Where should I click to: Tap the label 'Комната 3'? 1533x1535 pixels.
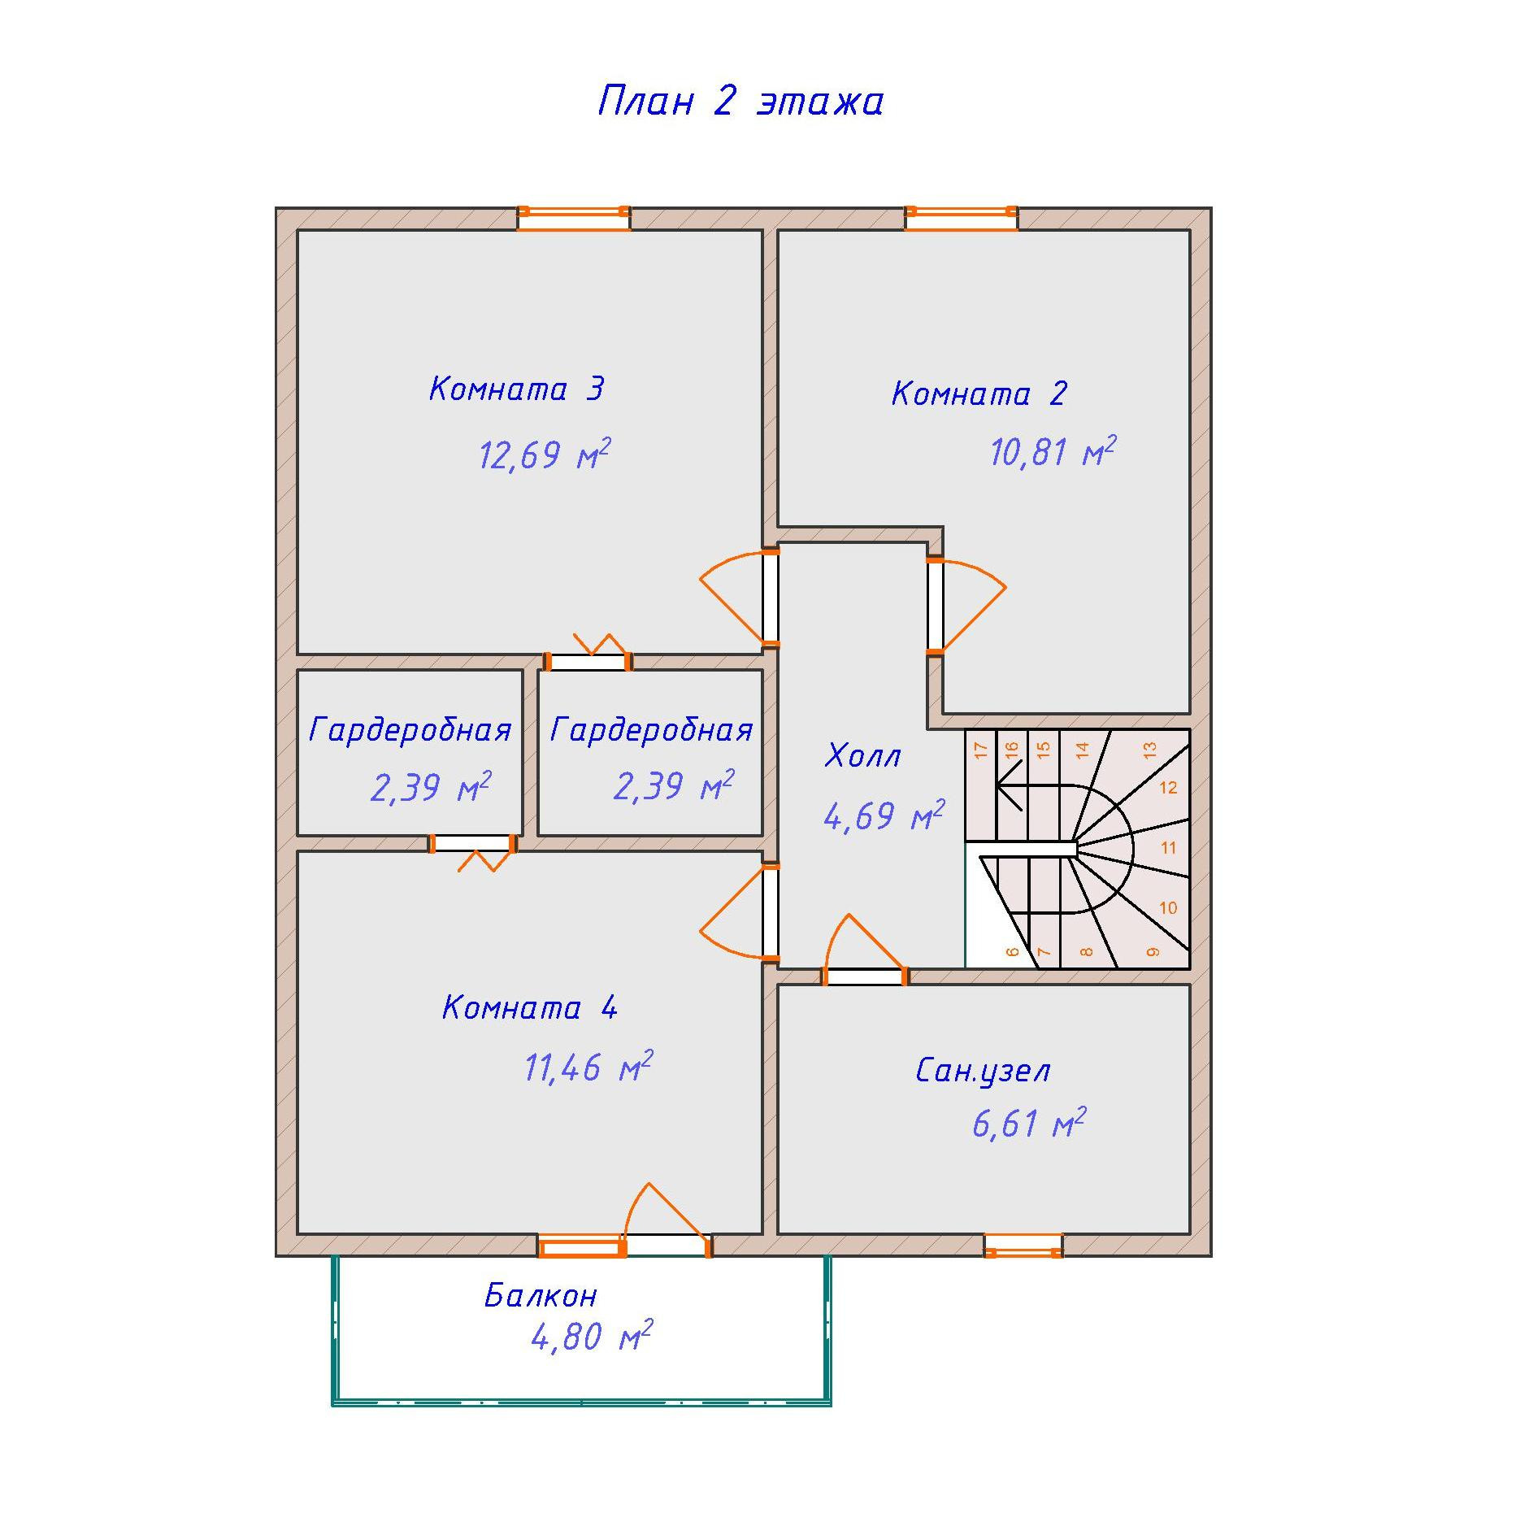[517, 389]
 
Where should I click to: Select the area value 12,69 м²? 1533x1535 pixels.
[543, 454]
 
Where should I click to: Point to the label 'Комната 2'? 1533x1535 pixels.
[979, 394]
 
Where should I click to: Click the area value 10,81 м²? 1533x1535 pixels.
[1052, 452]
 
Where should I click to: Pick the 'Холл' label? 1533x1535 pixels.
[862, 756]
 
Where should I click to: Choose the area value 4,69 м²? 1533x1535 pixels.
[884, 815]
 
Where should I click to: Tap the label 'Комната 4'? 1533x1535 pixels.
[530, 1008]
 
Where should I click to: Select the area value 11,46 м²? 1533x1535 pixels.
[588, 1068]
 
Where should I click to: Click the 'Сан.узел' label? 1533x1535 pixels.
[983, 1072]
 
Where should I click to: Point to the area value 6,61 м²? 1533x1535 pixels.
[1028, 1124]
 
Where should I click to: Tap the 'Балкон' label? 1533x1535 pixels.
[541, 1295]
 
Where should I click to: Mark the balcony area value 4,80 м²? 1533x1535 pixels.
[591, 1337]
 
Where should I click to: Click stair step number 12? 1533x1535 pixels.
[1168, 787]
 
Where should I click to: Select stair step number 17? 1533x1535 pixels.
[981, 750]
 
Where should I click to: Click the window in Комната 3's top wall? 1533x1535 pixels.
[574, 219]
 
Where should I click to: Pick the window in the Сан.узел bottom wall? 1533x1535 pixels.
[1023, 1246]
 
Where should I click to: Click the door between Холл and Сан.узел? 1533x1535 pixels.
[866, 976]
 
